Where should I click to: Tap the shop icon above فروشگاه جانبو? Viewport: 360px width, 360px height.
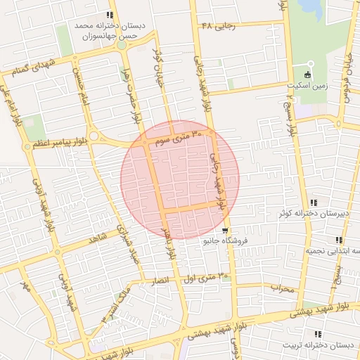[x=224, y=231]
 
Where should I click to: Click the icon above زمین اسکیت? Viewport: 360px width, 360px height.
[x=307, y=75]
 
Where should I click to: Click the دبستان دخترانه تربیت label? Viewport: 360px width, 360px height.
[x=317, y=345]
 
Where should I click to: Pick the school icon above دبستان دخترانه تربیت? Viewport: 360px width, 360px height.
[x=318, y=334]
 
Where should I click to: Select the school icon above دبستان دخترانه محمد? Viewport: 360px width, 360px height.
[x=109, y=15]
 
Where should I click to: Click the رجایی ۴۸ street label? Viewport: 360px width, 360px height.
[x=216, y=25]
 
